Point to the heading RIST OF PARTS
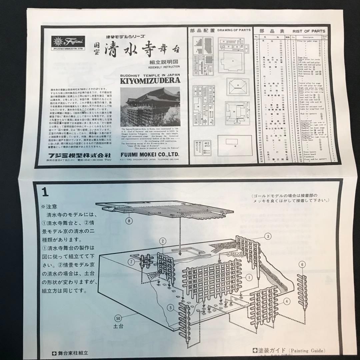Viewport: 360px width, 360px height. point(308,31)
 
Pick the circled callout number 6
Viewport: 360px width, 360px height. point(302,265)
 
